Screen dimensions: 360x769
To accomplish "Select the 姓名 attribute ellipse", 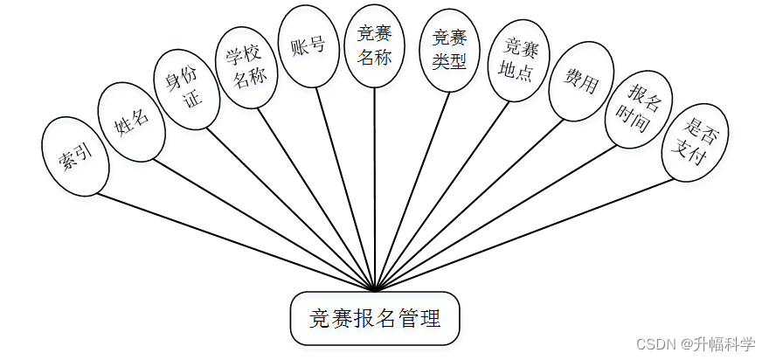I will [x=131, y=121].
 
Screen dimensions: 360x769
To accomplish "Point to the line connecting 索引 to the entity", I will [x=236, y=242].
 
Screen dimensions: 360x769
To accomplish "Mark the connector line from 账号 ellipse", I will [x=345, y=188].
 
